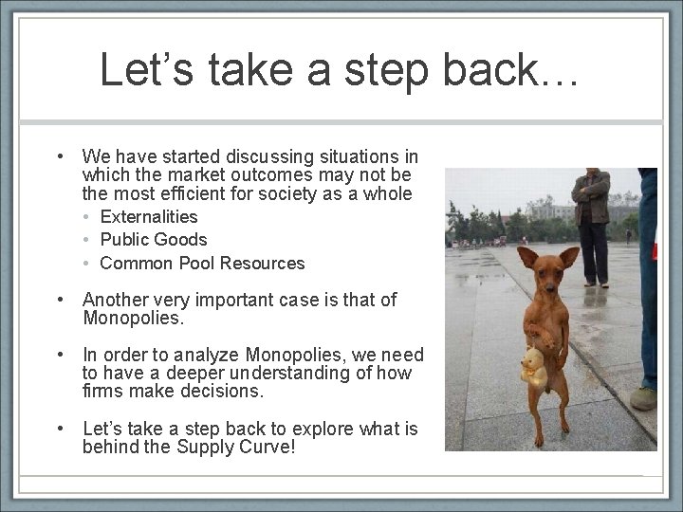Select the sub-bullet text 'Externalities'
149,217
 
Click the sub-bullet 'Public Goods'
153,240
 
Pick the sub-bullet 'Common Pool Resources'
202,263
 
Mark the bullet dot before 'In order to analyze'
59,356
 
